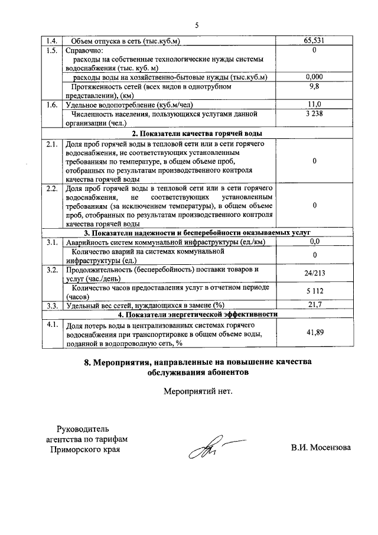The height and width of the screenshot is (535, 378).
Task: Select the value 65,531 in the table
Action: click(314, 41)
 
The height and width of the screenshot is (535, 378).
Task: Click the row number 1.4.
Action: click(51, 41)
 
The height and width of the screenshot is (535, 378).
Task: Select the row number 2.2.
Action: click(51, 189)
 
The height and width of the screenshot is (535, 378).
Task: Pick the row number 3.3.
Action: click(51, 305)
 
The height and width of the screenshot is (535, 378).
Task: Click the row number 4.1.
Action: click(51, 325)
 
